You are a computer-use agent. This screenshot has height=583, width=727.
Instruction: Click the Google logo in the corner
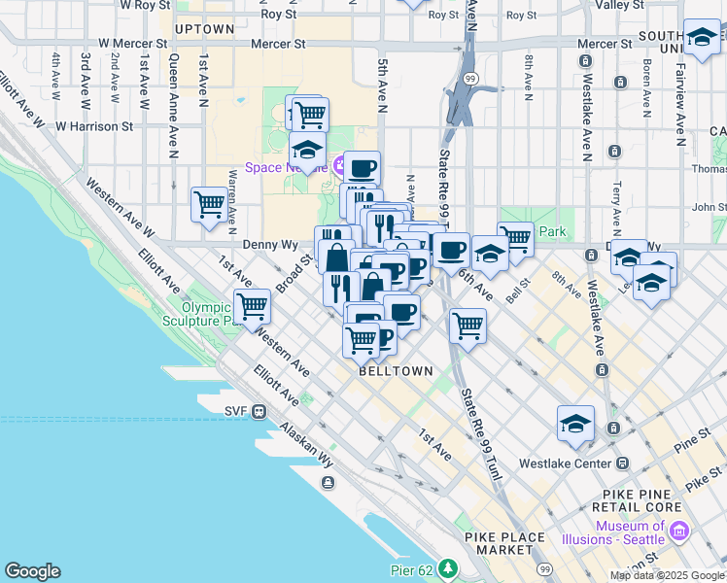click(x=32, y=571)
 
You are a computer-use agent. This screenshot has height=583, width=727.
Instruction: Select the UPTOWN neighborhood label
click(x=204, y=29)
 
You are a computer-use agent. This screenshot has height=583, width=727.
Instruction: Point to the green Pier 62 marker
click(x=448, y=567)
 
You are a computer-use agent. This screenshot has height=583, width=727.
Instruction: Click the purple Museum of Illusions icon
click(x=678, y=532)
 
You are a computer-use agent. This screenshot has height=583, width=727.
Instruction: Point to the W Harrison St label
click(x=93, y=126)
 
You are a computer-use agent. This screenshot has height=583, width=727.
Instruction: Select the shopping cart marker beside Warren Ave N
click(x=209, y=204)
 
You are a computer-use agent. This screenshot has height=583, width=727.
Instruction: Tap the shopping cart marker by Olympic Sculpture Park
click(x=252, y=306)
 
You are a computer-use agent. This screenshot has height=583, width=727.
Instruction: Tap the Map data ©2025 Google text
click(x=667, y=575)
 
